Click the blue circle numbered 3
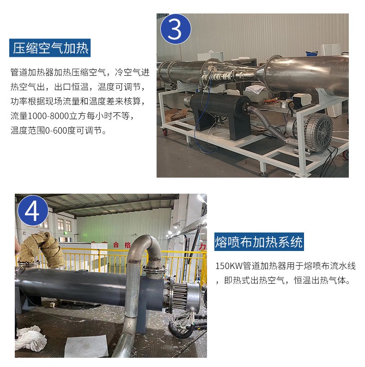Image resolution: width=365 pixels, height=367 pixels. [176, 29]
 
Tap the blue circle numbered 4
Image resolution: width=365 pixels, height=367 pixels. [33, 210]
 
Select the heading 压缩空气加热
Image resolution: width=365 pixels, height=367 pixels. [50, 48]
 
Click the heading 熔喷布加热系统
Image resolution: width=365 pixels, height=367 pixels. [259, 242]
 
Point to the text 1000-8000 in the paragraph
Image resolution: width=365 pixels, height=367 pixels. [48, 116]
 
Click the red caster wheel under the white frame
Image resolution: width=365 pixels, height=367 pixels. [165, 132]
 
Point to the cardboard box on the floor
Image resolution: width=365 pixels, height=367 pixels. [176, 115]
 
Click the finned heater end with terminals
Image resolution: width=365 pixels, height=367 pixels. [184, 297]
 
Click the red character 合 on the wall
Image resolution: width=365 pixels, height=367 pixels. [116, 245]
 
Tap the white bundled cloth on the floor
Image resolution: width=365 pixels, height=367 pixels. [30, 338]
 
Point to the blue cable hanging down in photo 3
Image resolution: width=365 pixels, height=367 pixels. [203, 112]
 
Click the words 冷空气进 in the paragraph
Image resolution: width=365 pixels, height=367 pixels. [132, 72]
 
